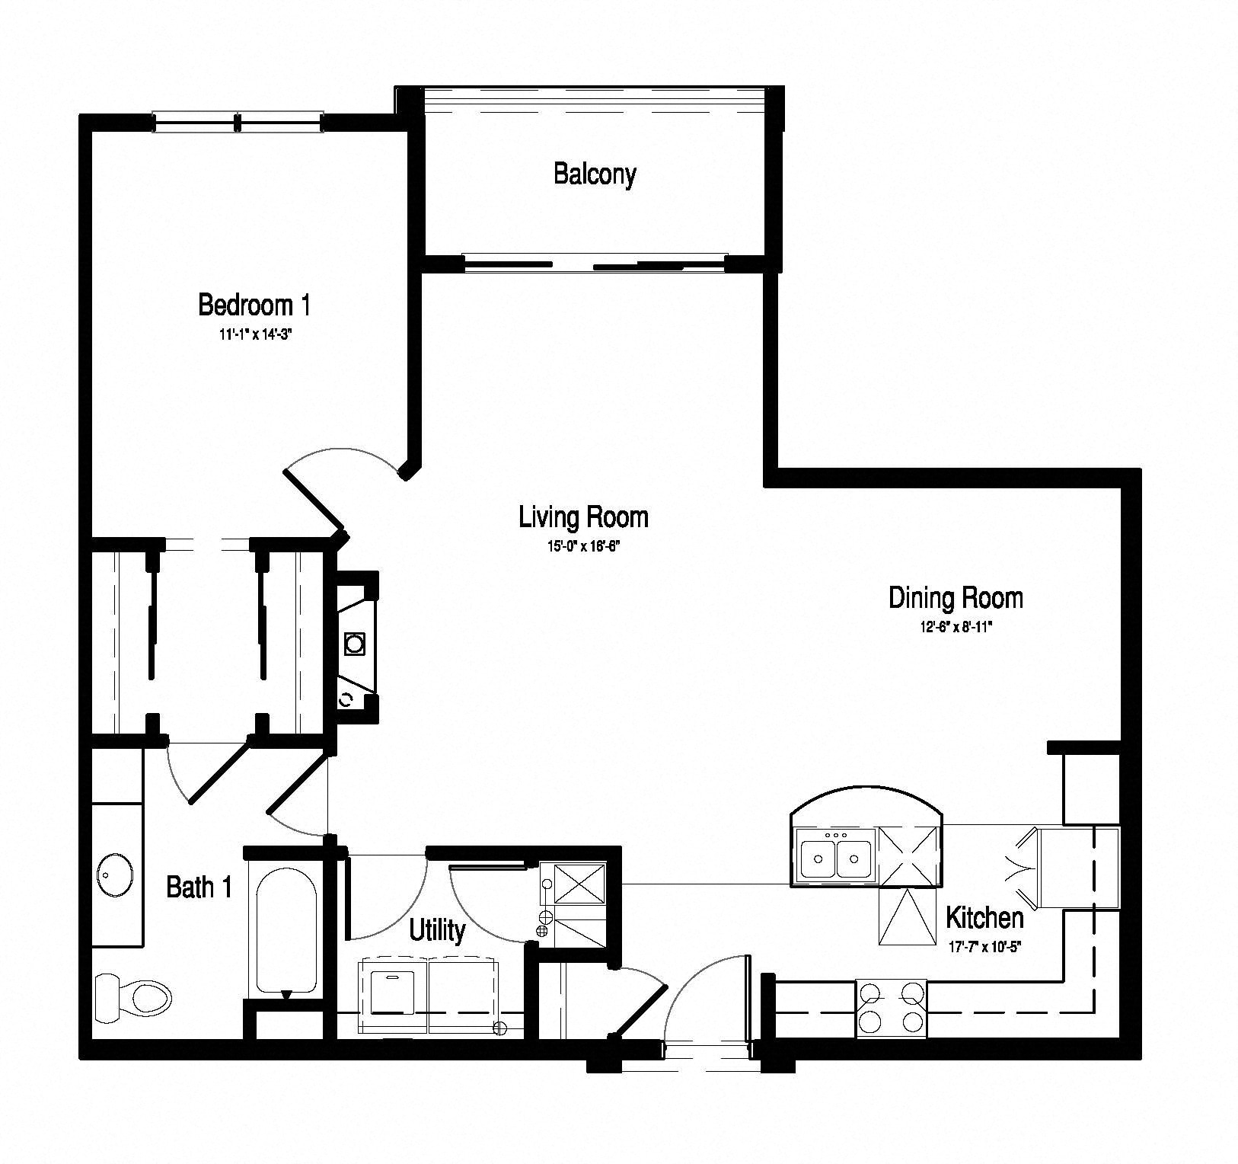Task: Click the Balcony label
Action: pyautogui.click(x=595, y=174)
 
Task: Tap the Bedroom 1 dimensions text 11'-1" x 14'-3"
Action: pyautogui.click(x=254, y=334)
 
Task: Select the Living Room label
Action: pyautogui.click(x=583, y=517)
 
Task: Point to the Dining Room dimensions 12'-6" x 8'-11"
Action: pyautogui.click(x=955, y=627)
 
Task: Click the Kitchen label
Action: pyautogui.click(x=984, y=918)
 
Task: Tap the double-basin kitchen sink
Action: pyautogui.click(x=835, y=857)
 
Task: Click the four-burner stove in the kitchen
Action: pyautogui.click(x=891, y=1008)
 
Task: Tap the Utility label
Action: pyautogui.click(x=437, y=930)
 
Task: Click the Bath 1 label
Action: pyautogui.click(x=199, y=887)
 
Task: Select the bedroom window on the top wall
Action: pyautogui.click(x=238, y=122)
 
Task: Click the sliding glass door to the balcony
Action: pyautogui.click(x=595, y=265)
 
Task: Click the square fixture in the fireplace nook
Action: pyautogui.click(x=355, y=644)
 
